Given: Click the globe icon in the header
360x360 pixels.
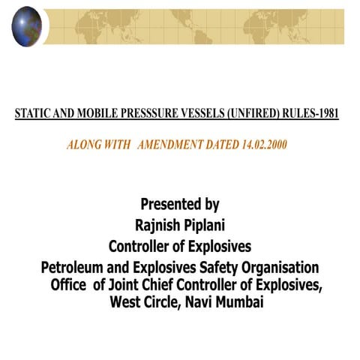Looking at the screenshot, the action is click(x=26, y=25).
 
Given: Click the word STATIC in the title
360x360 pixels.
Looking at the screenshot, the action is click(x=31, y=114).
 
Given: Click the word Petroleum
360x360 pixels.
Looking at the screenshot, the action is click(x=76, y=268).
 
